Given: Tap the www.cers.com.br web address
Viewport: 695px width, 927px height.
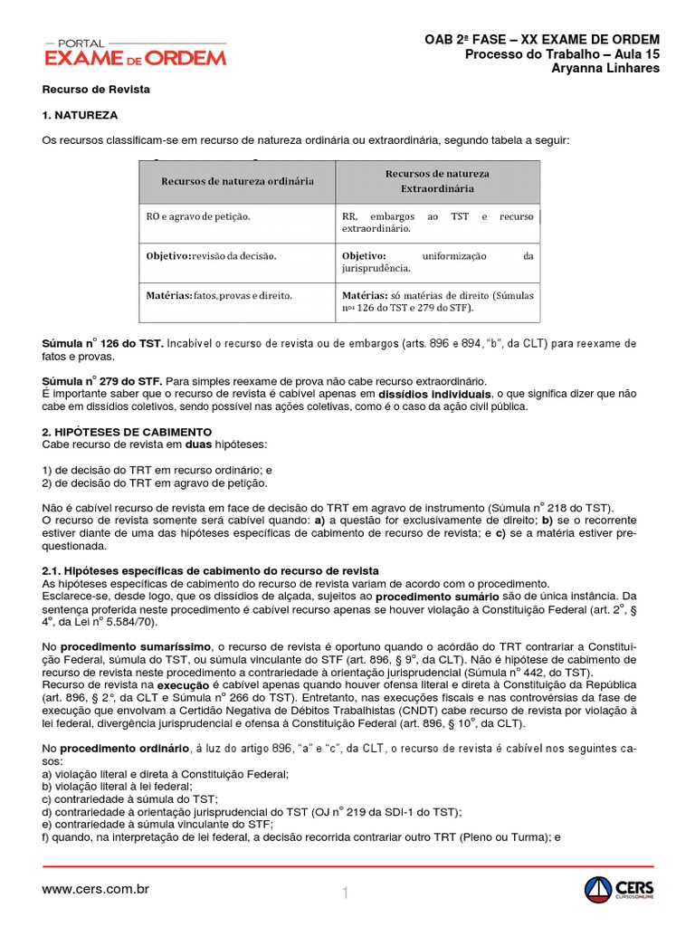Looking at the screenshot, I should (x=95, y=889).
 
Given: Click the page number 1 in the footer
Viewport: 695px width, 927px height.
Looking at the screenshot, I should (x=346, y=894).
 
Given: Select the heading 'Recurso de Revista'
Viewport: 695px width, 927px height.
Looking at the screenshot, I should (x=96, y=91).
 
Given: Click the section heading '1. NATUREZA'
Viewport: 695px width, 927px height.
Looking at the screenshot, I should (x=80, y=116).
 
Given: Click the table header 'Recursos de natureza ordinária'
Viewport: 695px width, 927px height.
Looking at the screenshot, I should (x=237, y=181).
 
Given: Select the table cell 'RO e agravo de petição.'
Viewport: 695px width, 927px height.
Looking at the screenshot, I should (x=198, y=217).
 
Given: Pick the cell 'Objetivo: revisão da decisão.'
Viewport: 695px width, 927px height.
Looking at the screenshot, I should (x=211, y=256).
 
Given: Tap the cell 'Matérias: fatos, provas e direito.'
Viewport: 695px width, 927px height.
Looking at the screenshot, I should (x=219, y=295).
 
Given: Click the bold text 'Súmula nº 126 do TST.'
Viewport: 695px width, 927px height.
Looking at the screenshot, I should (x=103, y=344).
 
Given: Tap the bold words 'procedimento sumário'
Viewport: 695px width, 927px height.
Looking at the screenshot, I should (x=437, y=597).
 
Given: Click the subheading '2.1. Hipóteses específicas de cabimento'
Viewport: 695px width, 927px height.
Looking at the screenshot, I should (x=210, y=570).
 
